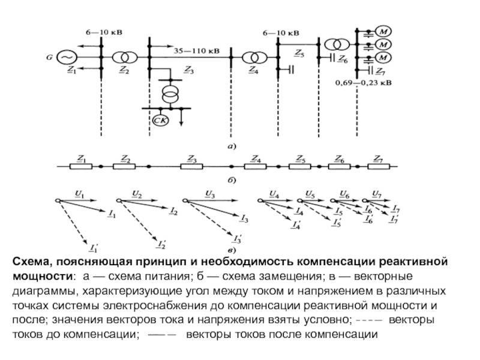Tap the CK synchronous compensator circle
pyautogui.click(x=160, y=121)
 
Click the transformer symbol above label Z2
pyautogui.click(x=125, y=57)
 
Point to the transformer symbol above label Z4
pyautogui.click(x=254, y=58)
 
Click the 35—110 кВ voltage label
pyautogui.click(x=197, y=51)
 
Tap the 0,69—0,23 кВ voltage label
pyautogui.click(x=363, y=83)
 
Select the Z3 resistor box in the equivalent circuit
pyautogui.click(x=191, y=167)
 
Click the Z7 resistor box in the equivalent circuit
pyautogui.click(x=379, y=167)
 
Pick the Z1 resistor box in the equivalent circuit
pyautogui.click(x=81, y=167)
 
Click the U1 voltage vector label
pyautogui.click(x=80, y=194)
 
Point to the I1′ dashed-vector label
pyautogui.click(x=94, y=247)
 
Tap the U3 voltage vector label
pyautogui.click(x=210, y=194)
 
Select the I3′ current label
pyautogui.click(x=238, y=238)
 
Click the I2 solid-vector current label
pyautogui.click(x=173, y=211)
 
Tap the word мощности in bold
pyautogui.click(x=42, y=277)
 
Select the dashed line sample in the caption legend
pyautogui.click(x=370, y=320)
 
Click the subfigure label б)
pyautogui.click(x=232, y=181)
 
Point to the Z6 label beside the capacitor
pyautogui.click(x=343, y=59)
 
